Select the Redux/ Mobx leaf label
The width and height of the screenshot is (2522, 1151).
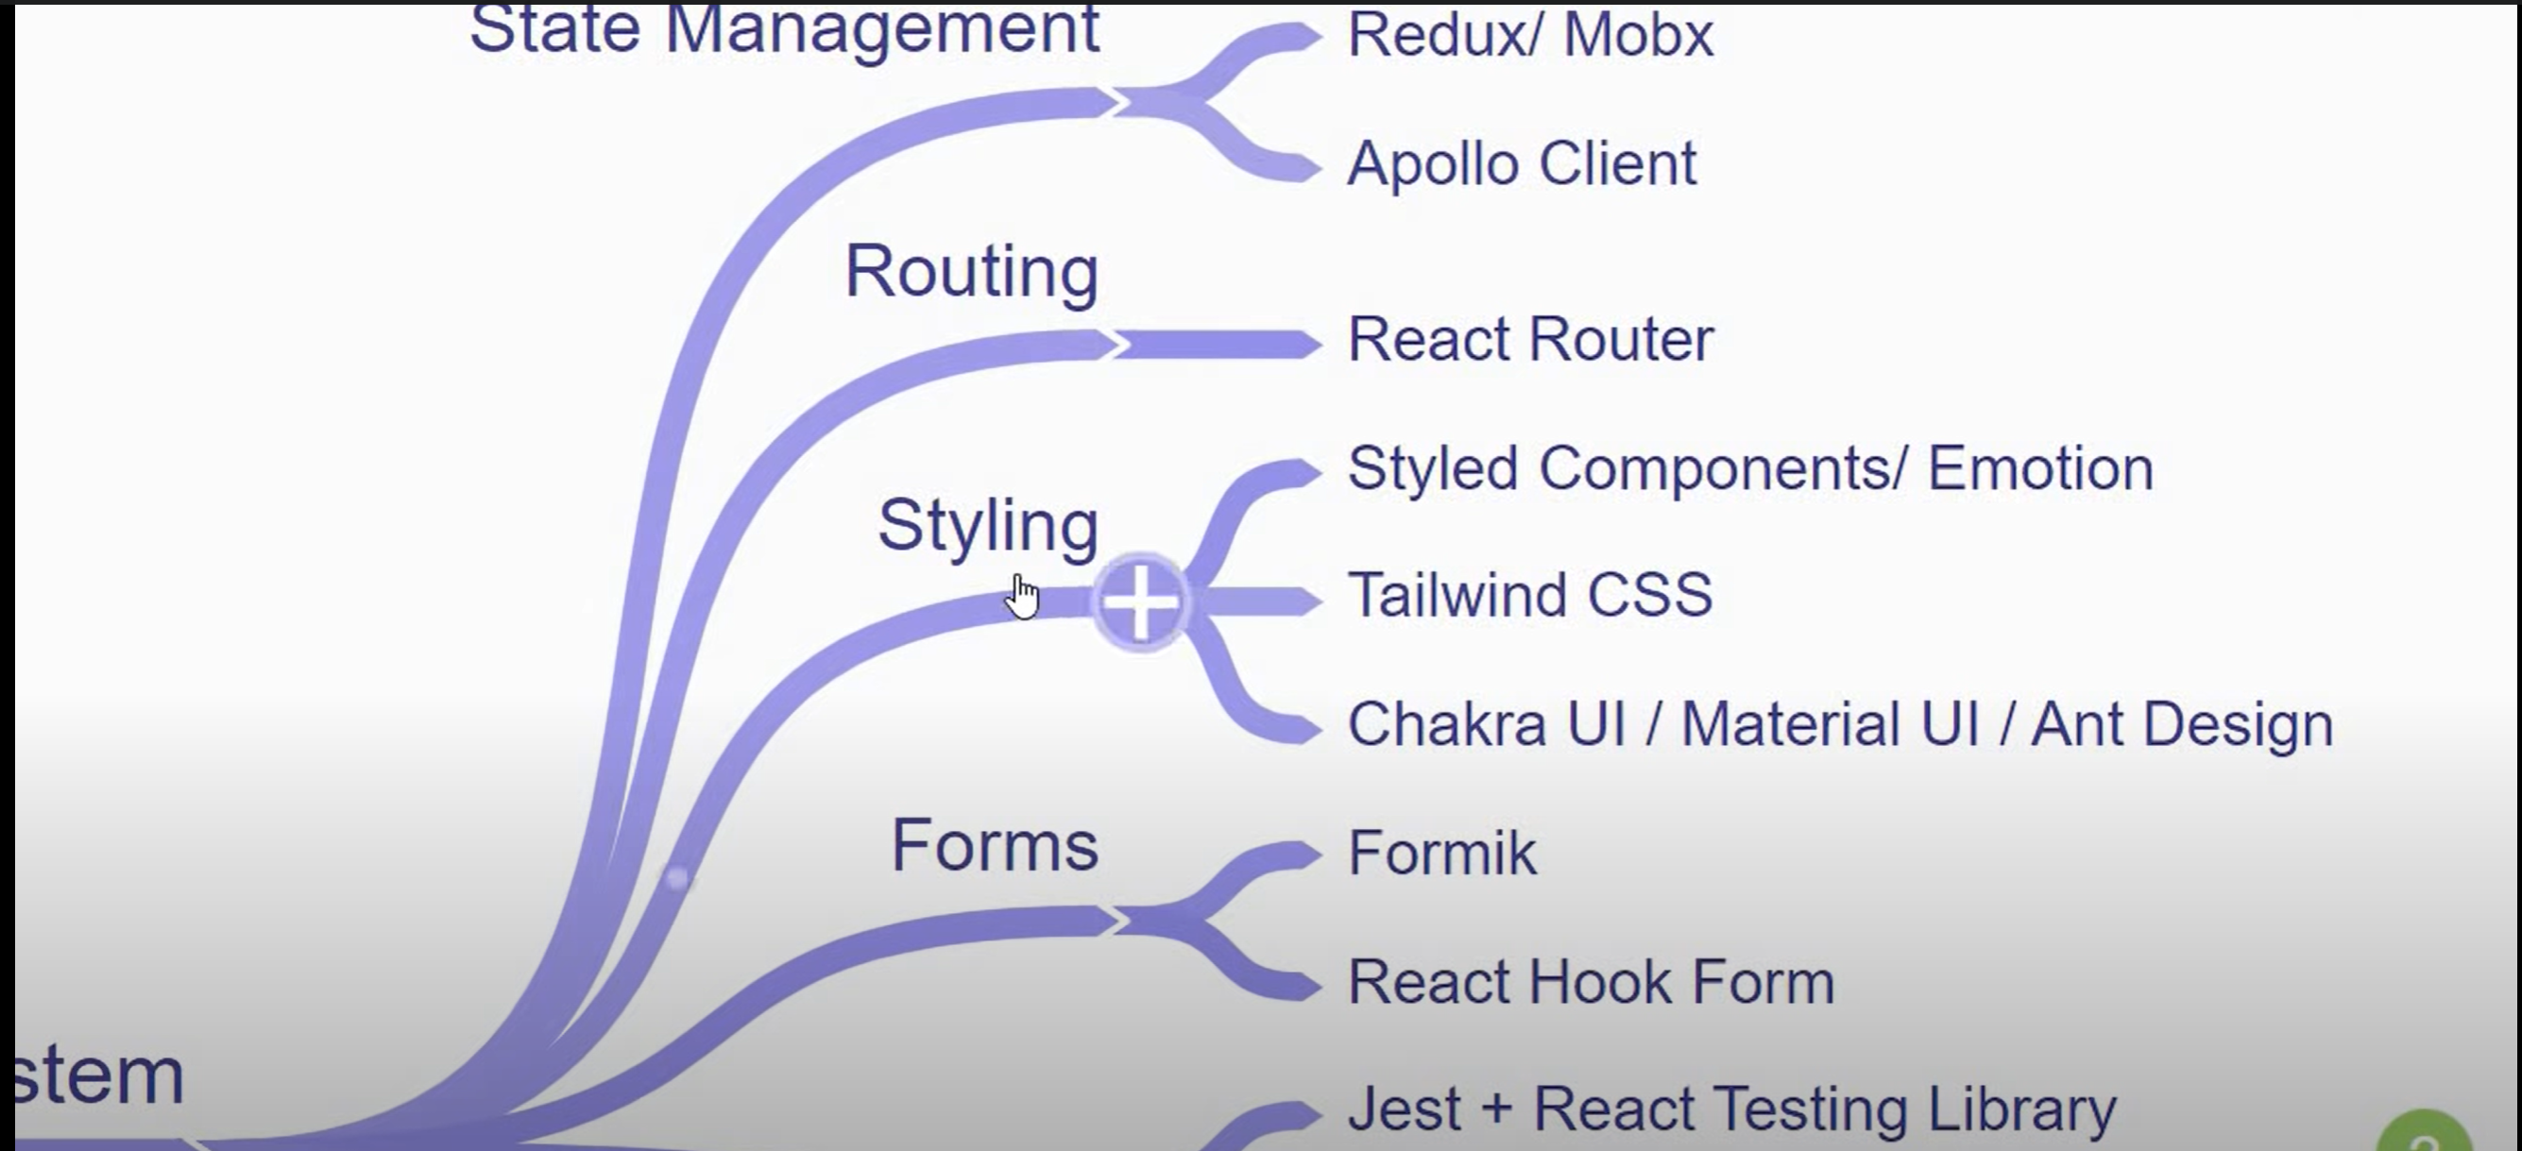pyautogui.click(x=1530, y=36)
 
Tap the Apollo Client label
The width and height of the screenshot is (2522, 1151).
pyautogui.click(x=1522, y=163)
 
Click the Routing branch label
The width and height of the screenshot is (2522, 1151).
pyautogui.click(x=971, y=271)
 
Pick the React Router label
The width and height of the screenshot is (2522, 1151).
pyautogui.click(x=1530, y=340)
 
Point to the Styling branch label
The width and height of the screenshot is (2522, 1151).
pyautogui.click(x=988, y=527)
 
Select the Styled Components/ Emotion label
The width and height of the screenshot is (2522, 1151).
pyautogui.click(x=1749, y=469)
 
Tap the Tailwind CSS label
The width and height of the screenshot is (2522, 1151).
pyautogui.click(x=1529, y=595)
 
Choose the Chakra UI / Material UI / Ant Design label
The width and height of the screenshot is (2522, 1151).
pyautogui.click(x=1841, y=724)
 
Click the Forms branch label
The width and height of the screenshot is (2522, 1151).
pyautogui.click(x=995, y=847)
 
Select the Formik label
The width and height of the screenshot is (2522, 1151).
pyautogui.click(x=1442, y=854)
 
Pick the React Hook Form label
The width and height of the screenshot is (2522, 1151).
pyautogui.click(x=1591, y=982)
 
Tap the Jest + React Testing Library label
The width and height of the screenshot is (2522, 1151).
pyautogui.click(x=1731, y=1109)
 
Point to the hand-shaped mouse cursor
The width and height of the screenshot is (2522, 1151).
pyautogui.click(x=1023, y=596)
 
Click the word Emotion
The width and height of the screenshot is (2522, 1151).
pyautogui.click(x=2040, y=469)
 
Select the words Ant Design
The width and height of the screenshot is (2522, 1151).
pyautogui.click(x=2182, y=724)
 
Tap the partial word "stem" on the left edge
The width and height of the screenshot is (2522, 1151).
pyautogui.click(x=99, y=1075)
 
